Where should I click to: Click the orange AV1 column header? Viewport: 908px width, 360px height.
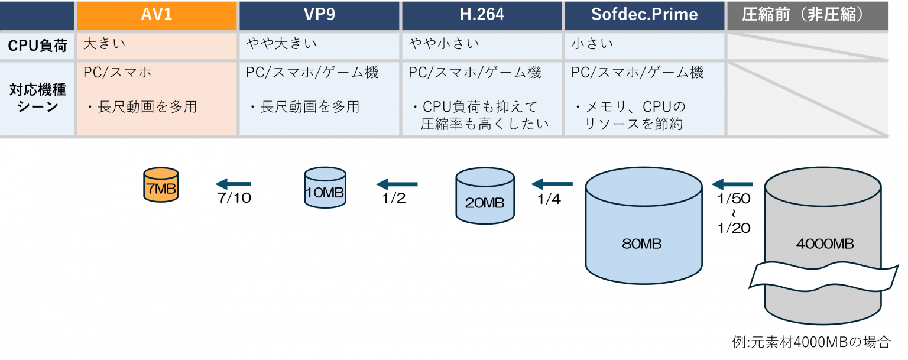click(x=157, y=15)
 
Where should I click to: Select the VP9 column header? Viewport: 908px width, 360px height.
click(x=319, y=15)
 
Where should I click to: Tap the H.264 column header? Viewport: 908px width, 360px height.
click(x=482, y=15)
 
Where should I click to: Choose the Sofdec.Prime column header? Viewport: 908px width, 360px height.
click(x=644, y=15)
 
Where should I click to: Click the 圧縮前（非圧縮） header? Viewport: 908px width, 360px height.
click(x=808, y=15)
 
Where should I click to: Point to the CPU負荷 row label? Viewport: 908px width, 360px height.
click(x=37, y=46)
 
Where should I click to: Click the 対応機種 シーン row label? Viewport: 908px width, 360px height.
click(x=37, y=98)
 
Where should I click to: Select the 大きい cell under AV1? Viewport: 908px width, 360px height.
click(x=157, y=45)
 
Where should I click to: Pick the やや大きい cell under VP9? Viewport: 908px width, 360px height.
click(x=319, y=45)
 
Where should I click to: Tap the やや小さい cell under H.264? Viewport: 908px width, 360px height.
click(x=482, y=45)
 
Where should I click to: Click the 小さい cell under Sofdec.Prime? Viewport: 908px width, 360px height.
click(x=644, y=45)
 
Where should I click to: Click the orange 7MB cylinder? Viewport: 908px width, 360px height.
click(x=161, y=185)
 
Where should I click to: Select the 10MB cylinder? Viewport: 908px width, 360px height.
click(x=325, y=188)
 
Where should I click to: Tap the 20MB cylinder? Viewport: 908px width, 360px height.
click(x=485, y=196)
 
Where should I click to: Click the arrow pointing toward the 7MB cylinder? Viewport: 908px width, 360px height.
click(x=233, y=184)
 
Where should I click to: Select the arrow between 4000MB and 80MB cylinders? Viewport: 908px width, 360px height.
click(x=732, y=184)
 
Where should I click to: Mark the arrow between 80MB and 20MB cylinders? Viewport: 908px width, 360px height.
click(x=552, y=184)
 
